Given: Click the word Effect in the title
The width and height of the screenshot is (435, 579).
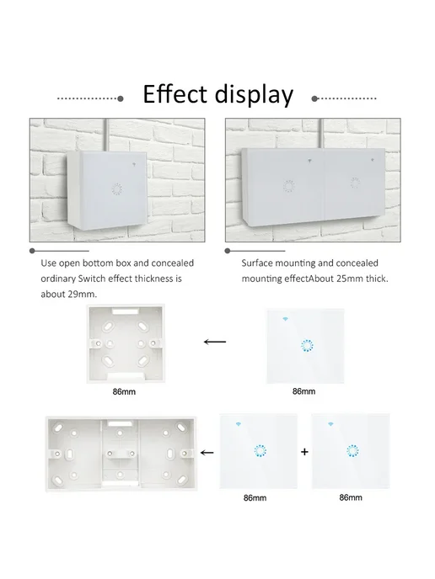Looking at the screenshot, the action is tap(175, 93).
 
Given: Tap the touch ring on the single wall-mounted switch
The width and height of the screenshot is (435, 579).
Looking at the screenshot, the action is tap(117, 189).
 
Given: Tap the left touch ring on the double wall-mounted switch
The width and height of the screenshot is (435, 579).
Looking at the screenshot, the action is tap(288, 186).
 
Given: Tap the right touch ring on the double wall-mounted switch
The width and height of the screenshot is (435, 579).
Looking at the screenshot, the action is tap(355, 183).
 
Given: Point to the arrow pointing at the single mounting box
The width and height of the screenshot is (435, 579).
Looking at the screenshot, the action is tap(215, 342).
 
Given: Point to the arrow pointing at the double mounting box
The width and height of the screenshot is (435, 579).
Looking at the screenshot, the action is tap(207, 453).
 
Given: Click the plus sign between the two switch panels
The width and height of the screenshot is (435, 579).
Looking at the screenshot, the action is tap(304, 452).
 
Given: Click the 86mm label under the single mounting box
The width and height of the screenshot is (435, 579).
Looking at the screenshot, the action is tap(124, 392).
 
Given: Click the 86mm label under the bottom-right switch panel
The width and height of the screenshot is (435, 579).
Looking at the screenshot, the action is tap(351, 497).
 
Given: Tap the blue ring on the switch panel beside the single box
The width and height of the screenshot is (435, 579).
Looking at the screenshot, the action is tap(307, 346).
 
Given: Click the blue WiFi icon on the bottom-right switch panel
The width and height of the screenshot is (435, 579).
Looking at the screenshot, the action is tap(330, 424).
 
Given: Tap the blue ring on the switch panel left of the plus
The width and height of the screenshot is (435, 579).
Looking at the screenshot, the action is tap(260, 451).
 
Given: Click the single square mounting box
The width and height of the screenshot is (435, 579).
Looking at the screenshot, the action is tap(126, 343).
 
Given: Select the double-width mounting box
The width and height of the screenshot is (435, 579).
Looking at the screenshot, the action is tap(121, 454).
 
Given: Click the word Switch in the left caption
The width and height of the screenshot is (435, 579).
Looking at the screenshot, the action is tap(91, 279).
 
